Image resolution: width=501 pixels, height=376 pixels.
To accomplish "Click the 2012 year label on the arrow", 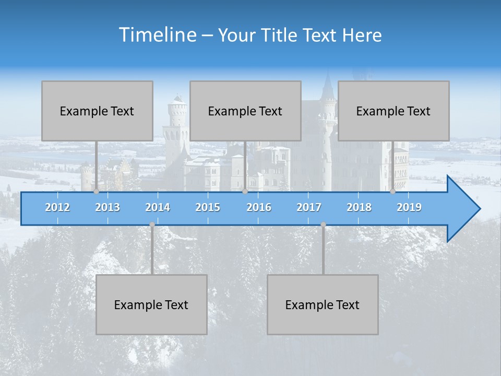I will tap(57, 207).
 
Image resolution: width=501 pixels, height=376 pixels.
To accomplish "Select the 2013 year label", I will tap(108, 207).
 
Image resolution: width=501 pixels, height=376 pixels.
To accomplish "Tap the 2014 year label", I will tap(158, 207).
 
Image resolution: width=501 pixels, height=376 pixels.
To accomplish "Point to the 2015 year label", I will tap(208, 207).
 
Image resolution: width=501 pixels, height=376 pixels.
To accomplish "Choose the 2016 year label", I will tap(259, 207).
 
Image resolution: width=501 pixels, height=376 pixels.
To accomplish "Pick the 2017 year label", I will tap(309, 207).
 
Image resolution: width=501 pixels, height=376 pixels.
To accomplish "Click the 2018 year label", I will tap(359, 207).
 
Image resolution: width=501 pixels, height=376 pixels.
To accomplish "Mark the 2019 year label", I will tap(409, 207).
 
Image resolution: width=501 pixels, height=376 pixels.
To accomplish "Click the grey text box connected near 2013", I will tap(97, 111).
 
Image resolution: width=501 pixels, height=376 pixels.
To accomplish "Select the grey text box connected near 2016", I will tap(245, 111).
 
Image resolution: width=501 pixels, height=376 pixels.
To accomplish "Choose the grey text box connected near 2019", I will tap(393, 111).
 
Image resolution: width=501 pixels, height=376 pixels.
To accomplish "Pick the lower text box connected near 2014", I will tap(151, 304).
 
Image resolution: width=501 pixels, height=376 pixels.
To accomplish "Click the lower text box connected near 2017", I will tap(323, 304).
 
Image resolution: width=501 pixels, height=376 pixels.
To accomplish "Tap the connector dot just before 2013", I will tap(96, 191).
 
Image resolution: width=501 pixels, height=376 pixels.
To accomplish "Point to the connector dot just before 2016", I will tap(245, 191).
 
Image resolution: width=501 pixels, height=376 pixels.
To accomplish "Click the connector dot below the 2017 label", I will tap(323, 225).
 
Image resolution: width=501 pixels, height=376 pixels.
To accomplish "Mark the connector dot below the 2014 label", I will tap(152, 225).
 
